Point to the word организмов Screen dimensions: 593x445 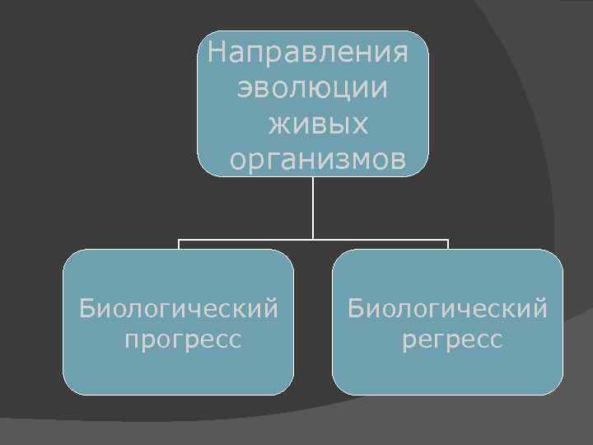pos(318,160)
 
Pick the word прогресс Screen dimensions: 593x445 pos(183,339)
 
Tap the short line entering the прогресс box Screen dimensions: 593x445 pos(179,245)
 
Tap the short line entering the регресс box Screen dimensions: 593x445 pos(448,245)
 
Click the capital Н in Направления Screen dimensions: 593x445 pos(217,54)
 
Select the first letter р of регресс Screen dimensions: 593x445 pos(409,340)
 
